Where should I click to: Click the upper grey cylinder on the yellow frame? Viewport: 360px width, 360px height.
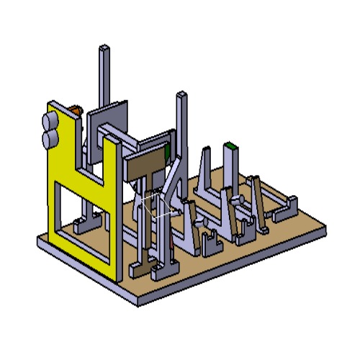[51, 120]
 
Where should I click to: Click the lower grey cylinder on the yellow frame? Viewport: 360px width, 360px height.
[51, 136]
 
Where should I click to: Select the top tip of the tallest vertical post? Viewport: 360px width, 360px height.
[105, 49]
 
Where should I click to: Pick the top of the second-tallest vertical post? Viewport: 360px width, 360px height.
[181, 95]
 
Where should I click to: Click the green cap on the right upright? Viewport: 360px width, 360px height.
[230, 146]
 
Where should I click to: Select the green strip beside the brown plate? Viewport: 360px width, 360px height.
[167, 152]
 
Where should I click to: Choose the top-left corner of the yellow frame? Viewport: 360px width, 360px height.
[49, 107]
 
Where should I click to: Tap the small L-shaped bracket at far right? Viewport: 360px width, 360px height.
[285, 209]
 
